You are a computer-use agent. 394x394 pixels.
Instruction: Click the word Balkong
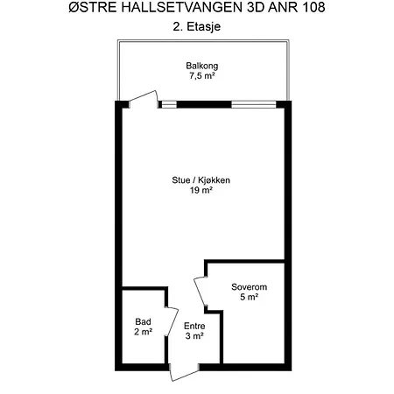click(202, 66)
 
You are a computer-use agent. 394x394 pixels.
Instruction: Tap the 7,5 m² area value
click(202, 76)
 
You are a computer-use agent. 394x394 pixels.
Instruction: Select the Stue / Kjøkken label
click(201, 180)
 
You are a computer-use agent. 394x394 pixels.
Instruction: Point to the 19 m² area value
click(201, 190)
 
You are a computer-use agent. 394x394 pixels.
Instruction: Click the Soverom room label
click(249, 287)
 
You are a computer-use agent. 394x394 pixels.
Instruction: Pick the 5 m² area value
click(249, 297)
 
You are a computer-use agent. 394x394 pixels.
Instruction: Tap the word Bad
click(143, 321)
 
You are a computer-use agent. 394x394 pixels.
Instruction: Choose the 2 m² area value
click(143, 332)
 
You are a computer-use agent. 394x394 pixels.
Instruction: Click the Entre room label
click(194, 326)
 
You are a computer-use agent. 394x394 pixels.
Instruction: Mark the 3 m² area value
click(194, 336)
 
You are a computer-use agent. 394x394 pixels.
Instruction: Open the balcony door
click(144, 99)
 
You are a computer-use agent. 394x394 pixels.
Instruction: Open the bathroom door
click(172, 321)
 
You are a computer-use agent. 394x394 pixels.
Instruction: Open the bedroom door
click(201, 292)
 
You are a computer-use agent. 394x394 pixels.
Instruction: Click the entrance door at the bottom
click(185, 373)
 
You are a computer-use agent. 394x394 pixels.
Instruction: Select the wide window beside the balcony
click(254, 104)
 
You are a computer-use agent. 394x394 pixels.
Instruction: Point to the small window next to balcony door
click(169, 104)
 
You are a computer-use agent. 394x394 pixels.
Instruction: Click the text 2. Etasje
click(197, 26)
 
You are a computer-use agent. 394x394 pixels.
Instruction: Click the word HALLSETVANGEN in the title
click(182, 8)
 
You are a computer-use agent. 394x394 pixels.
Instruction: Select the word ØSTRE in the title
click(93, 8)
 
